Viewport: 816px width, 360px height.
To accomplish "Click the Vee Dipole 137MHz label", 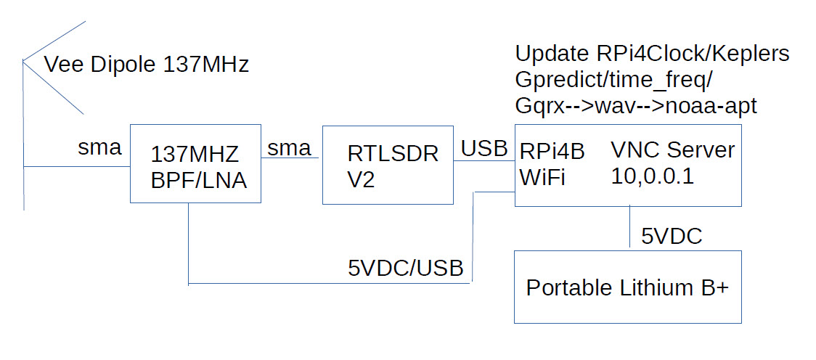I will click(147, 65).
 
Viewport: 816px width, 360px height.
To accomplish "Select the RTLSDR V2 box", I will click(388, 164).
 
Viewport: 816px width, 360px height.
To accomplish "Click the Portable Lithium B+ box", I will click(627, 287).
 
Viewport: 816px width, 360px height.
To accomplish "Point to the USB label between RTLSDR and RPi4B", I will click(484, 148).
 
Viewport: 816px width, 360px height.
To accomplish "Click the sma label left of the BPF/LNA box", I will click(99, 148).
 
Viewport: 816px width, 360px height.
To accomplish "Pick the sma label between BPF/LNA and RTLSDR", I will click(289, 148).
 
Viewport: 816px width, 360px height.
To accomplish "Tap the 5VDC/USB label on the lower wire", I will click(406, 268).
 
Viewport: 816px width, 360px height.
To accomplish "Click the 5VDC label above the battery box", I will click(672, 237).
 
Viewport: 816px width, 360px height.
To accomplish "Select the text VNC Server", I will click(672, 151).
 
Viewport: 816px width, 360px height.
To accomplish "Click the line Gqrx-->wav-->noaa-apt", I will click(636, 106).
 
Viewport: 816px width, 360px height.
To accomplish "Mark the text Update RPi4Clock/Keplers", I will click(652, 54).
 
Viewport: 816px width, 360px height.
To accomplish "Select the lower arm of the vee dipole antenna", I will click(55, 89).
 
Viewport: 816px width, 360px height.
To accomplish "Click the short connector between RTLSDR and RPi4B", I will click(484, 162).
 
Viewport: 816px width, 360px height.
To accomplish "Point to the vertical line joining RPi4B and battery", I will click(629, 228).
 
